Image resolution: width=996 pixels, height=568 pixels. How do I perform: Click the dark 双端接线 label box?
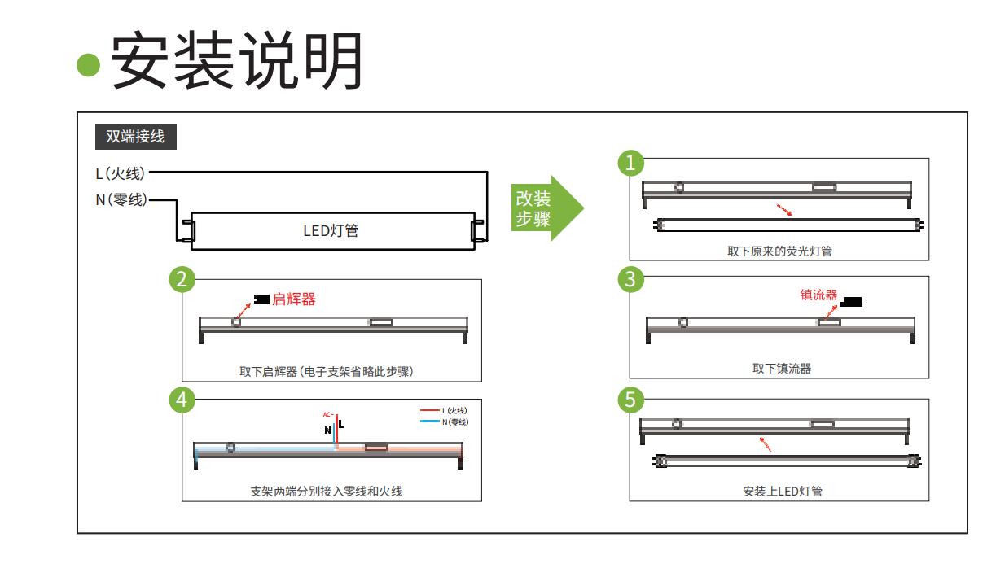(135, 137)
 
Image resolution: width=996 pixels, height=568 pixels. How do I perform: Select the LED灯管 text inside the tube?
(331, 231)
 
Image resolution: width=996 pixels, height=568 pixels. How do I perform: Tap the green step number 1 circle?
(631, 163)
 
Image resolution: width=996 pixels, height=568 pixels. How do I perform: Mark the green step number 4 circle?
(182, 400)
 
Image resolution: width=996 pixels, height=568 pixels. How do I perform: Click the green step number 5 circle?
(631, 400)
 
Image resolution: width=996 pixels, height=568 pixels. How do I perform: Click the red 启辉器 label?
(293, 299)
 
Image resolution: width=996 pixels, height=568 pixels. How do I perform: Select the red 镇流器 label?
(818, 295)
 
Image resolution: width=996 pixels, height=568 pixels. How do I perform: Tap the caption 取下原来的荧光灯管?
(779, 251)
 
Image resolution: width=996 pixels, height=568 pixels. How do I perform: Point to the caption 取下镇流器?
(781, 368)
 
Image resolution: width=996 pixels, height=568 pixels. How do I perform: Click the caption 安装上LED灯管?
(780, 491)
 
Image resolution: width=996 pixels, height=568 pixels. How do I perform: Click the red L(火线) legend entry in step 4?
(445, 411)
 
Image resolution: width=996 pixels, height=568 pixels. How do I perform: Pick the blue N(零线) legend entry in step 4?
(445, 422)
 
